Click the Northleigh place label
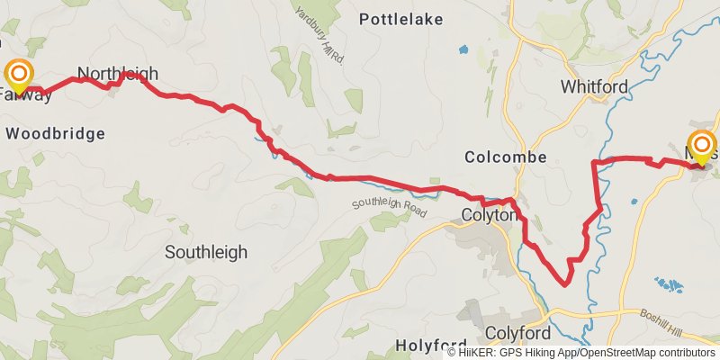[x=117, y=74]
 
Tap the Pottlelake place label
[x=400, y=18]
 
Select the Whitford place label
[x=593, y=87]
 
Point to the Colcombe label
[x=506, y=157]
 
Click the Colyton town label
[x=489, y=216]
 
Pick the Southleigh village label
[x=206, y=253]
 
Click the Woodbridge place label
[x=56, y=133]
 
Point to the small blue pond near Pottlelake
[x=463, y=49]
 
